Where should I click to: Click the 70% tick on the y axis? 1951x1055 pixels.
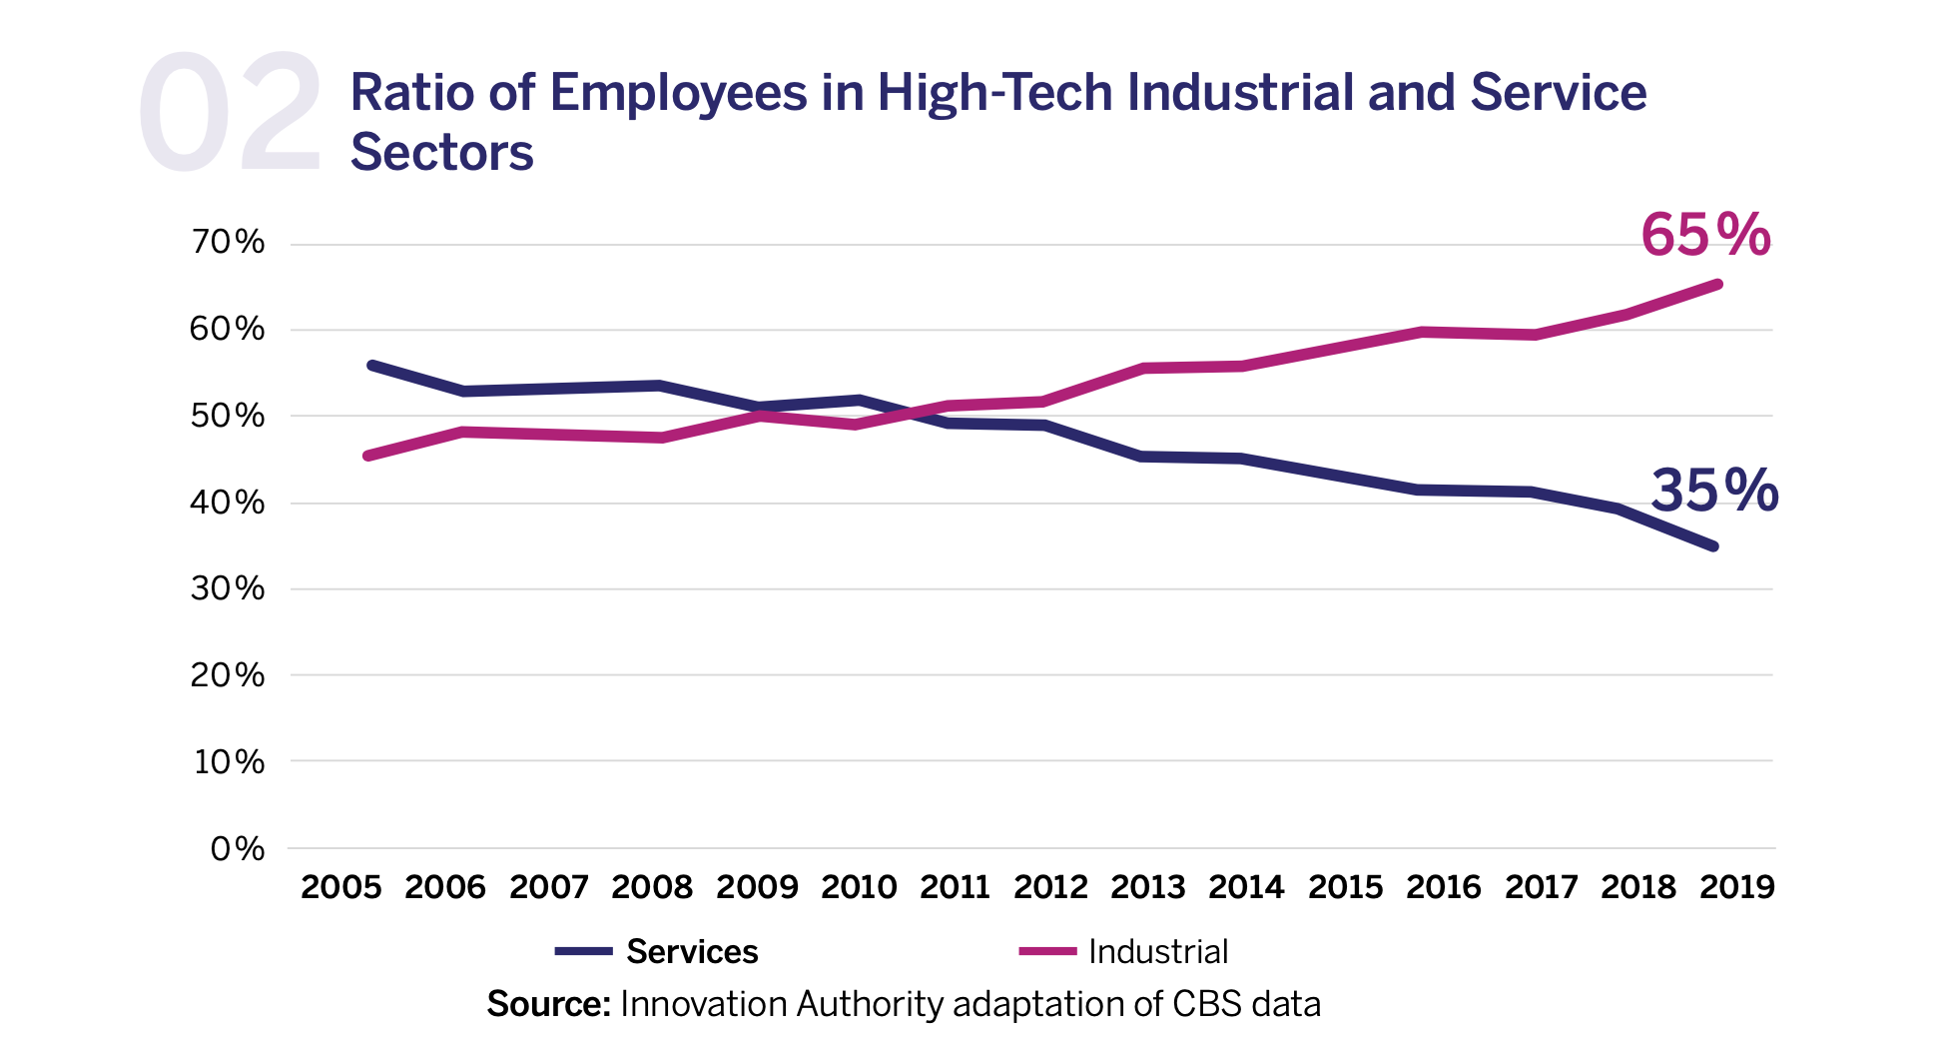[x=228, y=243]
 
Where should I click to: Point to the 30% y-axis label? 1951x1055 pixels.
[x=228, y=588]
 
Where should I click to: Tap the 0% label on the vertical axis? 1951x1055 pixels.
[x=237, y=849]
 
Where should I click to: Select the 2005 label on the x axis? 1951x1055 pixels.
[x=341, y=887]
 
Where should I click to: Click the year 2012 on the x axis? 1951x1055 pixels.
[x=1050, y=887]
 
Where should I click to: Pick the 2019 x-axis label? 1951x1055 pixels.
[x=1737, y=887]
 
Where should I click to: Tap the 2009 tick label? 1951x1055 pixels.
[x=757, y=887]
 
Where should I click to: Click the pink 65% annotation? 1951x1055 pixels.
[x=1705, y=236]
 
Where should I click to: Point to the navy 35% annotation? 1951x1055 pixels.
[x=1713, y=491]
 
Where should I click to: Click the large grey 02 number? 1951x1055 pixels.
[x=230, y=115]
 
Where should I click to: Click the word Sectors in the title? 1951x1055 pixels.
[x=441, y=153]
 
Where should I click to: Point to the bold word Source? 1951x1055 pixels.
[x=548, y=1004]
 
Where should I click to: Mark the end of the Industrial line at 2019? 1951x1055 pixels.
[x=1716, y=285]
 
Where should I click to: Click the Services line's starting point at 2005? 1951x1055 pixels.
[x=371, y=366]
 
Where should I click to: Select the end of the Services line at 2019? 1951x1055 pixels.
[x=1713, y=546]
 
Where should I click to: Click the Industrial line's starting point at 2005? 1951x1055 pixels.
[x=368, y=457]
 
